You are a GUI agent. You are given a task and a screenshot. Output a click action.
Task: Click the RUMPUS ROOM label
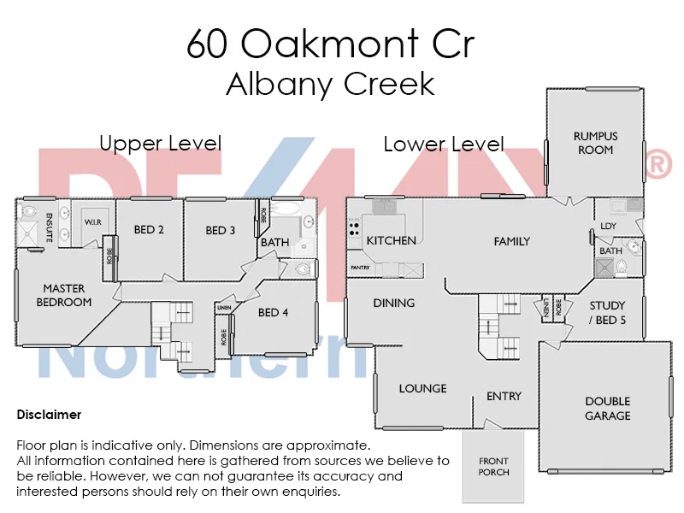click(595, 143)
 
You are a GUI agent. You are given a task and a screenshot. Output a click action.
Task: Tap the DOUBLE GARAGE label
click(607, 409)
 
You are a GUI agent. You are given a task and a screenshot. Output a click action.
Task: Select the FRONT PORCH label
click(494, 467)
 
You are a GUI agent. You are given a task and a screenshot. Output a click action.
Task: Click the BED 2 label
click(149, 229)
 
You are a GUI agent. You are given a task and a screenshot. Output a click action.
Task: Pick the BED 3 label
click(221, 230)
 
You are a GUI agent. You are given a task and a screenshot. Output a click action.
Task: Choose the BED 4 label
click(273, 312)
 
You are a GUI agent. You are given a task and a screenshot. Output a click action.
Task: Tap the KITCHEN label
click(392, 240)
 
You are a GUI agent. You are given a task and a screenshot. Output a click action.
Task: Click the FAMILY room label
click(512, 241)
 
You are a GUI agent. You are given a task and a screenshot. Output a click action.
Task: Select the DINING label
click(393, 303)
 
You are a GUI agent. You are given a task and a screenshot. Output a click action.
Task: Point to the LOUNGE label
click(422, 388)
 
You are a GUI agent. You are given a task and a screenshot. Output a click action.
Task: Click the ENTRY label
click(504, 396)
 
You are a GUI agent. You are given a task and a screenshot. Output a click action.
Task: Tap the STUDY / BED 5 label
click(607, 312)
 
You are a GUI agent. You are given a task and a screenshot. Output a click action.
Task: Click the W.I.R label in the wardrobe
click(92, 222)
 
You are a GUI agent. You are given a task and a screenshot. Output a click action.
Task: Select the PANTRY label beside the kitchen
click(359, 268)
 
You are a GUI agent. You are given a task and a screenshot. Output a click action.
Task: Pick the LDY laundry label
click(609, 226)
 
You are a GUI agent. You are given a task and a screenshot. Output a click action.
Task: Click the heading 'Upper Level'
click(160, 143)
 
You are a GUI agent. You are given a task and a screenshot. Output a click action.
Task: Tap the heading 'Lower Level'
click(443, 144)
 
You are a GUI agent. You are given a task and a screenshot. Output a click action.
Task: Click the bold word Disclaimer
click(49, 415)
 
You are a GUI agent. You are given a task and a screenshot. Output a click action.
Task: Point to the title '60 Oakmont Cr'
click(330, 44)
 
